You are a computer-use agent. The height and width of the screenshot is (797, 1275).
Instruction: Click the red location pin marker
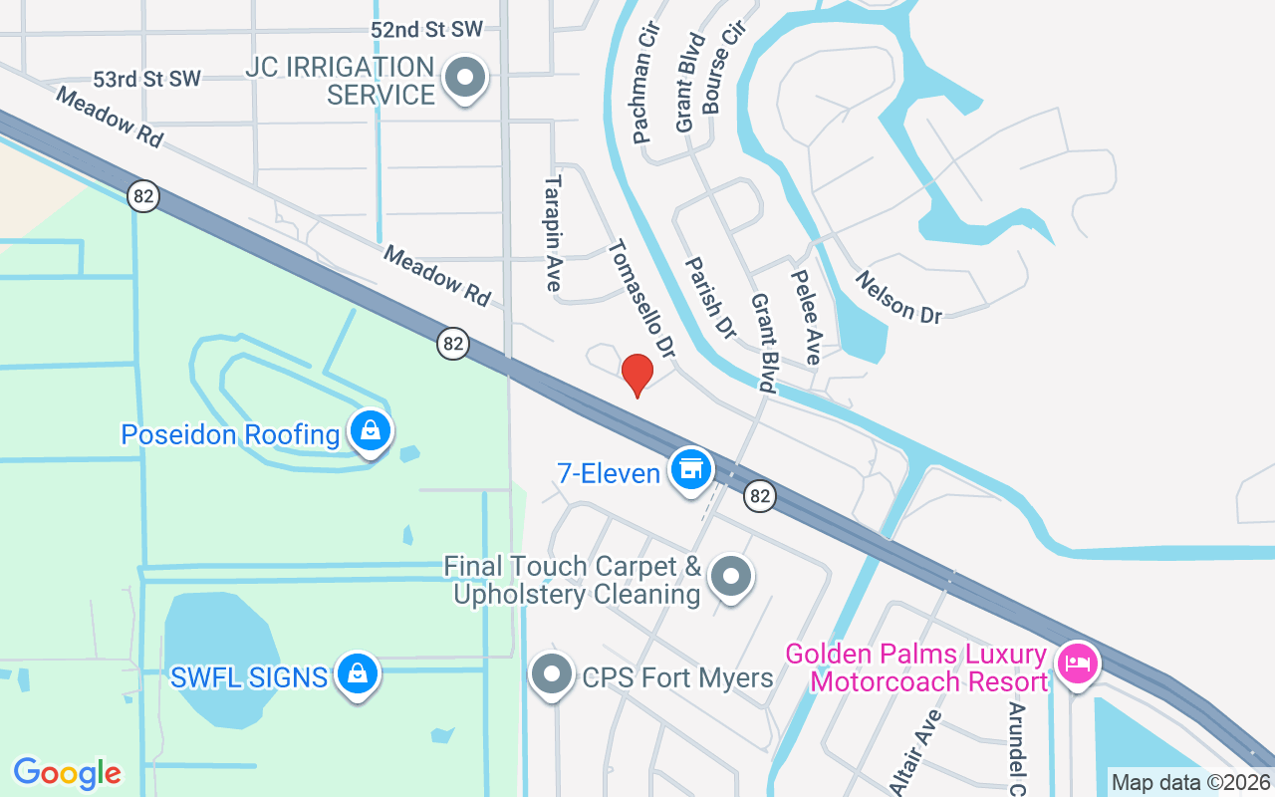637,374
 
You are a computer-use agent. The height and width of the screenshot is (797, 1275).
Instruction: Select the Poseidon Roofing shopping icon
371,431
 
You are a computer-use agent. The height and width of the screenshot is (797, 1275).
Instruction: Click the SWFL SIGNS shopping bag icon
356,674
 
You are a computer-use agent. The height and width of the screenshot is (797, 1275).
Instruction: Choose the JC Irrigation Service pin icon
463,78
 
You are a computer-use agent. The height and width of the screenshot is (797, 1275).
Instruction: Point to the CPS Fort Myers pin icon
551,674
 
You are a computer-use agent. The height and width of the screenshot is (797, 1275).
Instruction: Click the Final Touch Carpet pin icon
731,576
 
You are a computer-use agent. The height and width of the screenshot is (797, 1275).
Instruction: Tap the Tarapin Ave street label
554,233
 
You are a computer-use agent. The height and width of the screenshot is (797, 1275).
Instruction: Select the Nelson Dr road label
898,297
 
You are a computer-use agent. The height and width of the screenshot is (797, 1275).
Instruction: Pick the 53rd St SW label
146,79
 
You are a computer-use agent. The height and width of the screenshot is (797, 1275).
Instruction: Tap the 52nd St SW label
425,29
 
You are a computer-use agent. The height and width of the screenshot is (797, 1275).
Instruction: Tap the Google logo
67,773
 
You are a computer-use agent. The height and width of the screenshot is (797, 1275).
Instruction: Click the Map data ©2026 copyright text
1191,782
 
